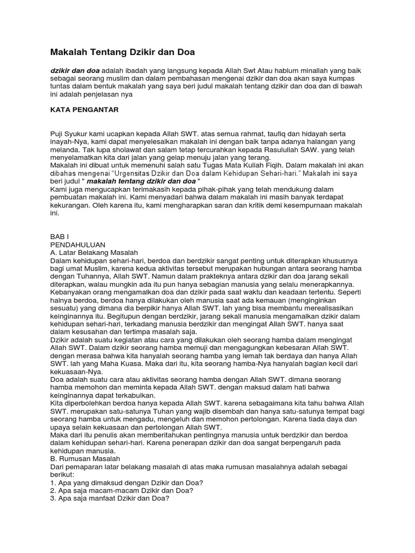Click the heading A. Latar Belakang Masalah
click(95, 252)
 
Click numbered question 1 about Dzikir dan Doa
click(130, 482)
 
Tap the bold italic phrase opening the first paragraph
click(75, 71)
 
